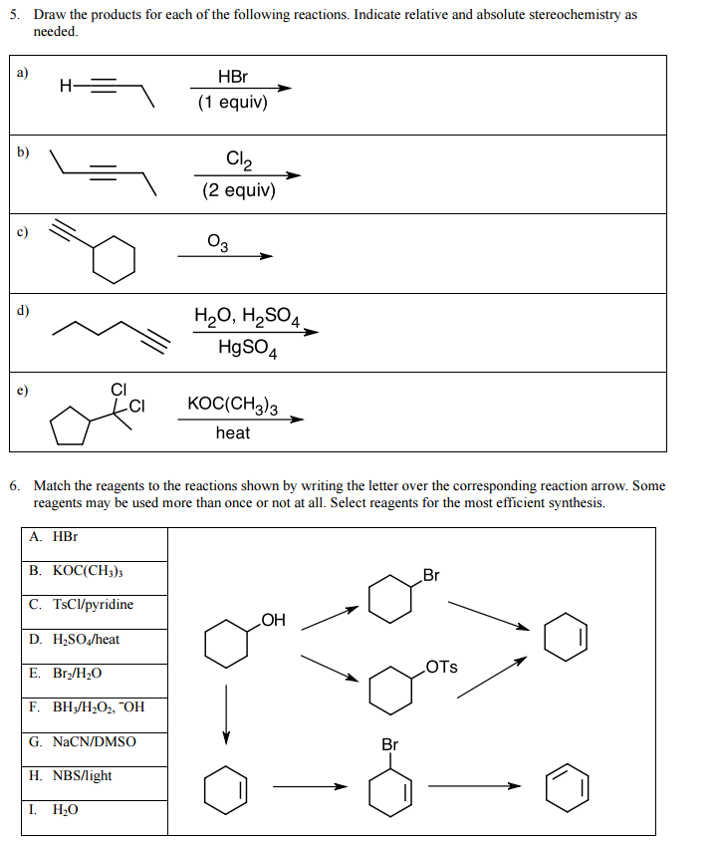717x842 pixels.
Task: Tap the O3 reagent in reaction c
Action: point(218,242)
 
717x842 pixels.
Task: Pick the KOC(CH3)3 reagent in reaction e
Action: point(232,405)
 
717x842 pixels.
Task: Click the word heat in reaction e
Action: point(232,432)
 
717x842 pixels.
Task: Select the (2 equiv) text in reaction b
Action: point(239,189)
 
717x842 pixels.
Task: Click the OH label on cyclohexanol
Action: point(273,621)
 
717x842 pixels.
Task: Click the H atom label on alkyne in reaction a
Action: point(66,86)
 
